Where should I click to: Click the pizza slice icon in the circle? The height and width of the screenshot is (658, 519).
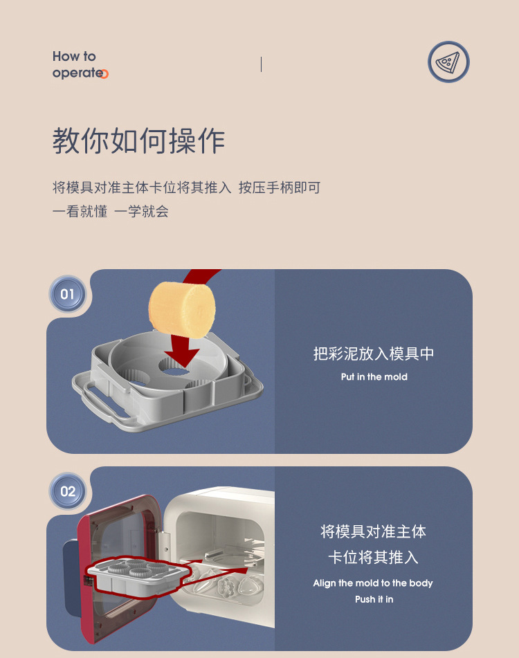pyautogui.click(x=448, y=62)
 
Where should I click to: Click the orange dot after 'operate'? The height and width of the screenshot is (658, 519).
pyautogui.click(x=104, y=74)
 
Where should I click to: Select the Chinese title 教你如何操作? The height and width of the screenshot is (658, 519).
pyautogui.click(x=138, y=141)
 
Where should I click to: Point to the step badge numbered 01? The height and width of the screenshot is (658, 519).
pyautogui.click(x=67, y=294)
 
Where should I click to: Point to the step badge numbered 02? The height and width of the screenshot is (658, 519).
pyautogui.click(x=67, y=491)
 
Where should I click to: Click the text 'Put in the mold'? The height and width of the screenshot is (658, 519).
pyautogui.click(x=374, y=377)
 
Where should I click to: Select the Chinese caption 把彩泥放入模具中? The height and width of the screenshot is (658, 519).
pyautogui.click(x=374, y=354)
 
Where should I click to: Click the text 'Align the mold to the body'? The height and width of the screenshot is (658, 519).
pyautogui.click(x=373, y=583)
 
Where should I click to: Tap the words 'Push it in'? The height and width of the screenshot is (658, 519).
pyautogui.click(x=374, y=599)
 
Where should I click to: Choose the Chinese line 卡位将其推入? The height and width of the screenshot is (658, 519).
pyautogui.click(x=374, y=558)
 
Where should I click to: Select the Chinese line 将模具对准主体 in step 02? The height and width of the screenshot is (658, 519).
pyautogui.click(x=374, y=531)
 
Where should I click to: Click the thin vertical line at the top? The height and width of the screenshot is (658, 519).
pyautogui.click(x=261, y=64)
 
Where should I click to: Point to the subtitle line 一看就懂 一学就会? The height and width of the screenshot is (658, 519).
pyautogui.click(x=111, y=212)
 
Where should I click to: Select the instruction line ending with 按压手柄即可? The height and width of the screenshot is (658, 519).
pyautogui.click(x=187, y=188)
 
